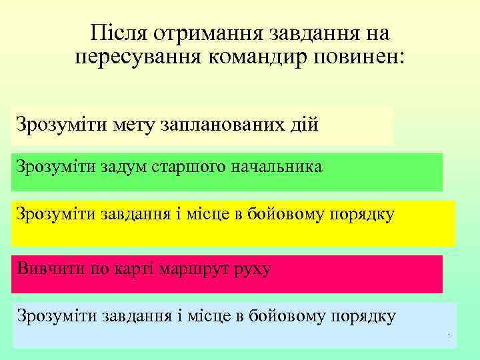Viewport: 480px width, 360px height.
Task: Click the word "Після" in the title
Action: [118, 33]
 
